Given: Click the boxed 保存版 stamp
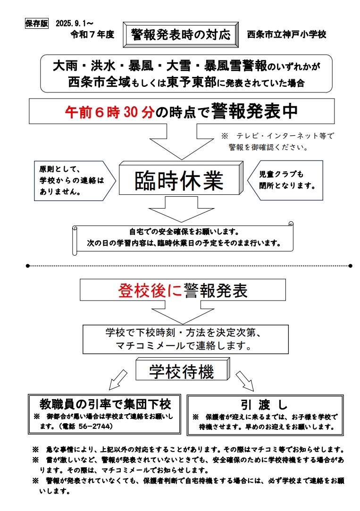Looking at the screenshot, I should [36, 24].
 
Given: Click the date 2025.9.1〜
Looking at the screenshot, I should [74, 23].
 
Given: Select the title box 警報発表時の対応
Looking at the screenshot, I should [181, 34].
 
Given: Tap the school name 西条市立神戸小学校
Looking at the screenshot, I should [286, 34].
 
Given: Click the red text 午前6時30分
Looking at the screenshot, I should [110, 112].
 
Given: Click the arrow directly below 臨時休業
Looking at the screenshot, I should [181, 209].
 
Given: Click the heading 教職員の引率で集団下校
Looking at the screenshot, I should [105, 404].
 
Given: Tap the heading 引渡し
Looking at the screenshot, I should [264, 405].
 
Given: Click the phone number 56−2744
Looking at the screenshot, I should [96, 426].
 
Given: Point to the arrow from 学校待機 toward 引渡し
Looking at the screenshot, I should [244, 380].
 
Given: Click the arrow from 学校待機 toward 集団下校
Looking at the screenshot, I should [117, 380].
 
